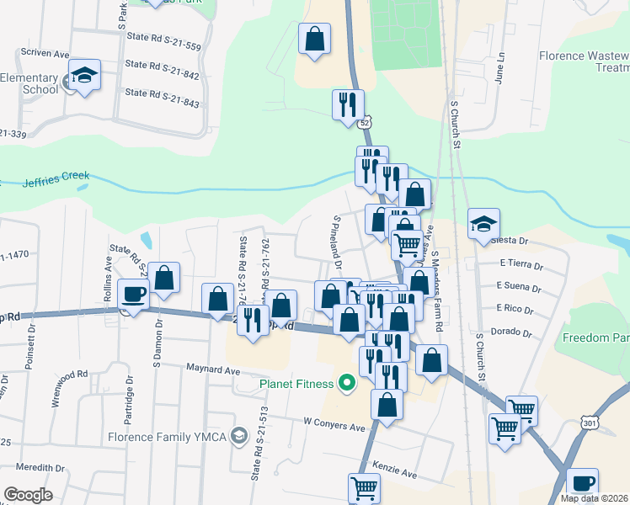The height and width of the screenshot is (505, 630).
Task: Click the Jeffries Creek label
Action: [56, 179]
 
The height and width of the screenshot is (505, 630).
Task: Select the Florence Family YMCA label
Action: [168, 436]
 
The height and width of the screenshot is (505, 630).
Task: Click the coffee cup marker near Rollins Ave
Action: [135, 295]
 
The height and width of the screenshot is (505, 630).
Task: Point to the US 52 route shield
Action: [365, 123]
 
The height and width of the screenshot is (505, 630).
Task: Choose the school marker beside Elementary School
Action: [85, 76]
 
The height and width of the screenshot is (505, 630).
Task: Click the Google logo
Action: [28, 494]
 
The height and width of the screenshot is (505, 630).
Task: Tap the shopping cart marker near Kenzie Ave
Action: [365, 487]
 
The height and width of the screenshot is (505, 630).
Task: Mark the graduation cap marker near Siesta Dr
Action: [484, 225]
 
